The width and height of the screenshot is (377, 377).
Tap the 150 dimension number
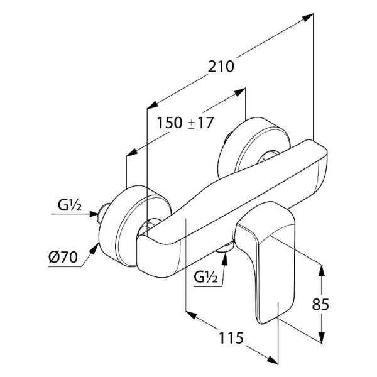(x=168, y=123)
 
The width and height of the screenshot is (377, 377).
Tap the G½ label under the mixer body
(x=206, y=276)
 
